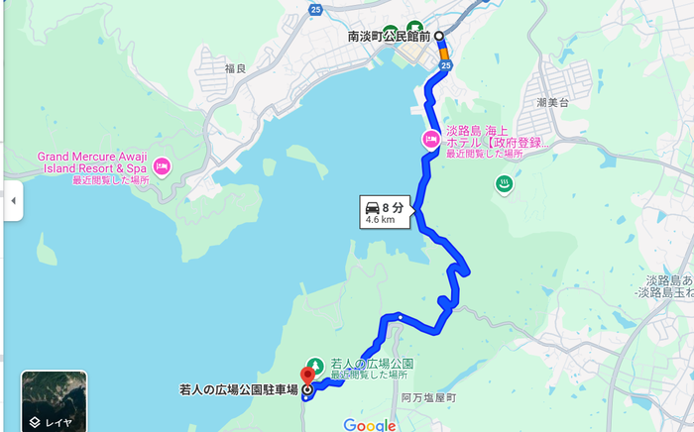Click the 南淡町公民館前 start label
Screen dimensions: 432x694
click(x=388, y=36)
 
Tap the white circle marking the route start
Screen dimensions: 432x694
click(x=438, y=36)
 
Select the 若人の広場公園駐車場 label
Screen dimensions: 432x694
click(x=237, y=389)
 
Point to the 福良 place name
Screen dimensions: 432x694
click(x=235, y=68)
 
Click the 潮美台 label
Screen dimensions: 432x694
click(x=551, y=102)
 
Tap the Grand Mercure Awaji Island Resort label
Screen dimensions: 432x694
click(x=93, y=162)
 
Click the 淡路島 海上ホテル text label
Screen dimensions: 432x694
click(x=496, y=131)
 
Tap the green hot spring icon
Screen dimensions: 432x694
click(x=504, y=183)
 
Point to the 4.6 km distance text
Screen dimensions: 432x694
click(x=381, y=221)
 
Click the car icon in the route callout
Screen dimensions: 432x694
click(x=372, y=207)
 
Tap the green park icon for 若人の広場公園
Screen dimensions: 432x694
click(x=314, y=364)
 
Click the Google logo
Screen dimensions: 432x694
click(x=370, y=425)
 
